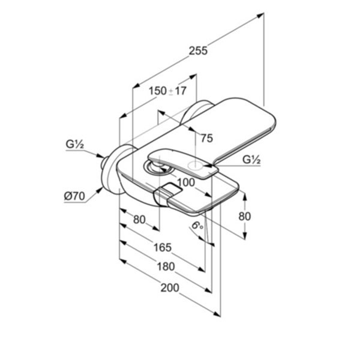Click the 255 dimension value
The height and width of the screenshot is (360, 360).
click(x=198, y=51)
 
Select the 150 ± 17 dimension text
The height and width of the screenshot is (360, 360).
click(x=168, y=91)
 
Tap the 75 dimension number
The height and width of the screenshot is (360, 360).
click(x=207, y=138)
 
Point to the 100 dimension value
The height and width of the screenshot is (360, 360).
click(x=186, y=182)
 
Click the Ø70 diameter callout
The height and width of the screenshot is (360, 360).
click(x=74, y=196)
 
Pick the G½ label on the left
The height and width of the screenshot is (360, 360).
click(x=75, y=145)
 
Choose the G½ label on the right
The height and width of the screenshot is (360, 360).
click(x=251, y=160)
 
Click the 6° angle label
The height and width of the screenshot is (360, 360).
click(x=197, y=226)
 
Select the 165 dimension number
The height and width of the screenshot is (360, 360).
click(x=163, y=247)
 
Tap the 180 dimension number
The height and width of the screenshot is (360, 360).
click(x=166, y=267)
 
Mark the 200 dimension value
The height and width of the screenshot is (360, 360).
click(x=170, y=288)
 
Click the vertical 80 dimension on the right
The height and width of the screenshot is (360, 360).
click(x=245, y=216)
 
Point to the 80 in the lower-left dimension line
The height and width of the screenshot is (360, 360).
click(x=139, y=220)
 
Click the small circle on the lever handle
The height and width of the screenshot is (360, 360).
click(x=195, y=164)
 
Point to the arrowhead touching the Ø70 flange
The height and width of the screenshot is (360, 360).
click(x=100, y=190)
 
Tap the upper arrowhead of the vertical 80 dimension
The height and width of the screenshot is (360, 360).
click(x=245, y=197)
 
